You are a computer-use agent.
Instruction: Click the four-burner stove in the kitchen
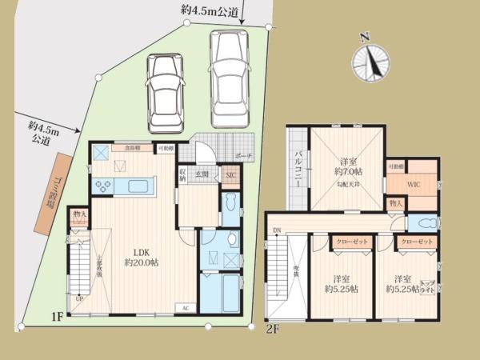(x=105, y=186)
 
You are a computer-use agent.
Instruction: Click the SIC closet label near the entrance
(x=230, y=175)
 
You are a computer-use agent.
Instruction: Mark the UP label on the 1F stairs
(x=78, y=299)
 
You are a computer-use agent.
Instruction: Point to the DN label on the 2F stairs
(x=276, y=231)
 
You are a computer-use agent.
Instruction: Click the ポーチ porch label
(x=242, y=157)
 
